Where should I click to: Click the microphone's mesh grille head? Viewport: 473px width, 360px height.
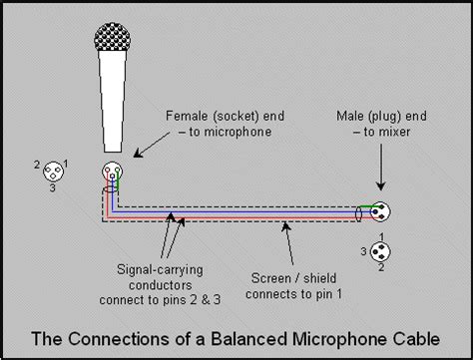[x=113, y=37]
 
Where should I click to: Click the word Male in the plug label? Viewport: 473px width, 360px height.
[x=349, y=116]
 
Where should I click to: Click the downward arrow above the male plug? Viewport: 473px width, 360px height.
[x=381, y=167]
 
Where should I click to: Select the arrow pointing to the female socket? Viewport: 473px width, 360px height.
[x=152, y=145]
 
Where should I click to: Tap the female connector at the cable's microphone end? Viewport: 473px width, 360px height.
[x=113, y=172]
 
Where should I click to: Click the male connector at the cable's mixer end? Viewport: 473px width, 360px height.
[x=381, y=211]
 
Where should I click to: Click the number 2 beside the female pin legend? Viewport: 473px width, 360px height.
[x=37, y=165]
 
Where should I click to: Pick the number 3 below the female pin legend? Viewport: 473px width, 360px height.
[x=53, y=187]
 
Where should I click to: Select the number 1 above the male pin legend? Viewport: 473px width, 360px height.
[x=382, y=237]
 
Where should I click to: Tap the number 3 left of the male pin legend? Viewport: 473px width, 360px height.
[x=363, y=251]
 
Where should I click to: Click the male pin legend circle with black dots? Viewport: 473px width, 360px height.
[x=380, y=251]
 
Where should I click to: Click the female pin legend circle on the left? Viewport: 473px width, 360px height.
[x=53, y=172]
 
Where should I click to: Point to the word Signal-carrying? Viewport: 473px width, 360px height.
[x=160, y=269]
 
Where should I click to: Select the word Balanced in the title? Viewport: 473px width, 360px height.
[x=248, y=339]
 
